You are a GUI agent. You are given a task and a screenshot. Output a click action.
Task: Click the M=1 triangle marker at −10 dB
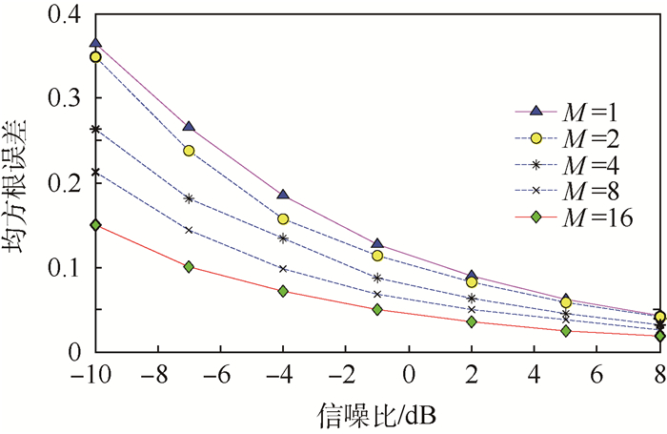95,44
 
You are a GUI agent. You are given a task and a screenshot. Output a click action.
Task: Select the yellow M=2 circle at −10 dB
95,57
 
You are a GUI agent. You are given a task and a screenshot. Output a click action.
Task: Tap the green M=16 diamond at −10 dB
95,225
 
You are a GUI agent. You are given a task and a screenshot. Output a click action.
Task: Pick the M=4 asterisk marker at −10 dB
95,129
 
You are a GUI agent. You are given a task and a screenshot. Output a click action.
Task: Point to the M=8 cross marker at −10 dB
95,172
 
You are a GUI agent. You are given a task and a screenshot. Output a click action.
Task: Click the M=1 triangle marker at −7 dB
189,127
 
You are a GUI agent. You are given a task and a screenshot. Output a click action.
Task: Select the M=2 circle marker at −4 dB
283,218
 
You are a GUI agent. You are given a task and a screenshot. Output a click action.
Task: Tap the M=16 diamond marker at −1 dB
377,309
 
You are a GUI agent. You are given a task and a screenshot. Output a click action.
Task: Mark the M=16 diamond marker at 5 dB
566,331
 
